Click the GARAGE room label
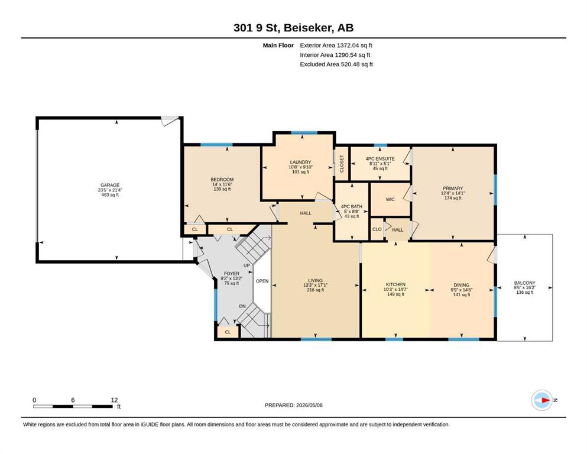tap(110, 185)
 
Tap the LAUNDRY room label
tap(300, 163)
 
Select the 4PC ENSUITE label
tap(380, 158)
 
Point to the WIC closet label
tap(390, 199)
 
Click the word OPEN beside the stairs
tap(262, 281)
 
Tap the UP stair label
tap(247, 266)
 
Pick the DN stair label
tap(242, 306)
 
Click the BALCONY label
tap(524, 283)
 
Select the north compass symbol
tap(542, 400)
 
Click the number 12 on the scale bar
tap(114, 400)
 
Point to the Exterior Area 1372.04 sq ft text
tap(336, 46)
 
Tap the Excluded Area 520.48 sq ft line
tap(336, 64)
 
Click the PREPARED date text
tap(293, 405)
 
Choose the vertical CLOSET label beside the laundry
tap(342, 164)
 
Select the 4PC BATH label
tap(352, 206)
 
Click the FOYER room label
tap(231, 274)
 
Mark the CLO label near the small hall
tap(377, 229)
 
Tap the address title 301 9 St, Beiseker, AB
tap(293, 28)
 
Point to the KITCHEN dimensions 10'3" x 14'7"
tap(395, 289)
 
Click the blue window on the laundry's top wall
tap(304, 132)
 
